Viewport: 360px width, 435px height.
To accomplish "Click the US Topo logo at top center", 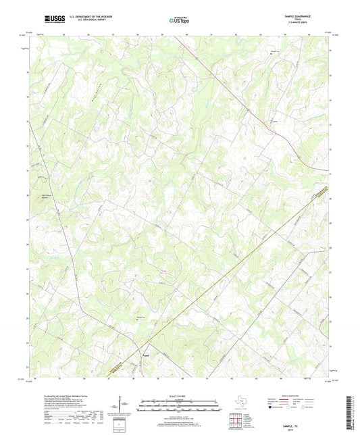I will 179,20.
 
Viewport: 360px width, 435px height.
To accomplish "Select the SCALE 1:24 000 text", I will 180,395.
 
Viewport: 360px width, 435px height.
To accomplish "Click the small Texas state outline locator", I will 241,405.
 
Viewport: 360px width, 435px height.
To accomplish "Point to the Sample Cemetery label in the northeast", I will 275,52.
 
